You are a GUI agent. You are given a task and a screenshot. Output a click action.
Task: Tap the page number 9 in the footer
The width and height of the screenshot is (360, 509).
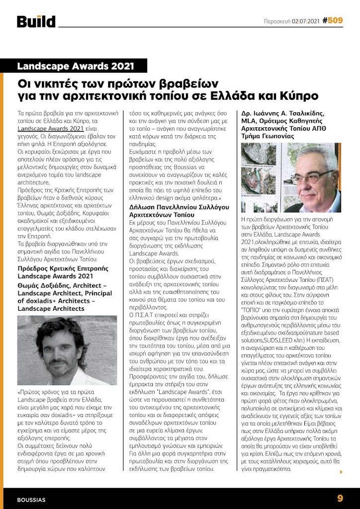340,498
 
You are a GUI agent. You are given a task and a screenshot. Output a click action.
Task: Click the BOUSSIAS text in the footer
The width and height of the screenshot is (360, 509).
31,499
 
